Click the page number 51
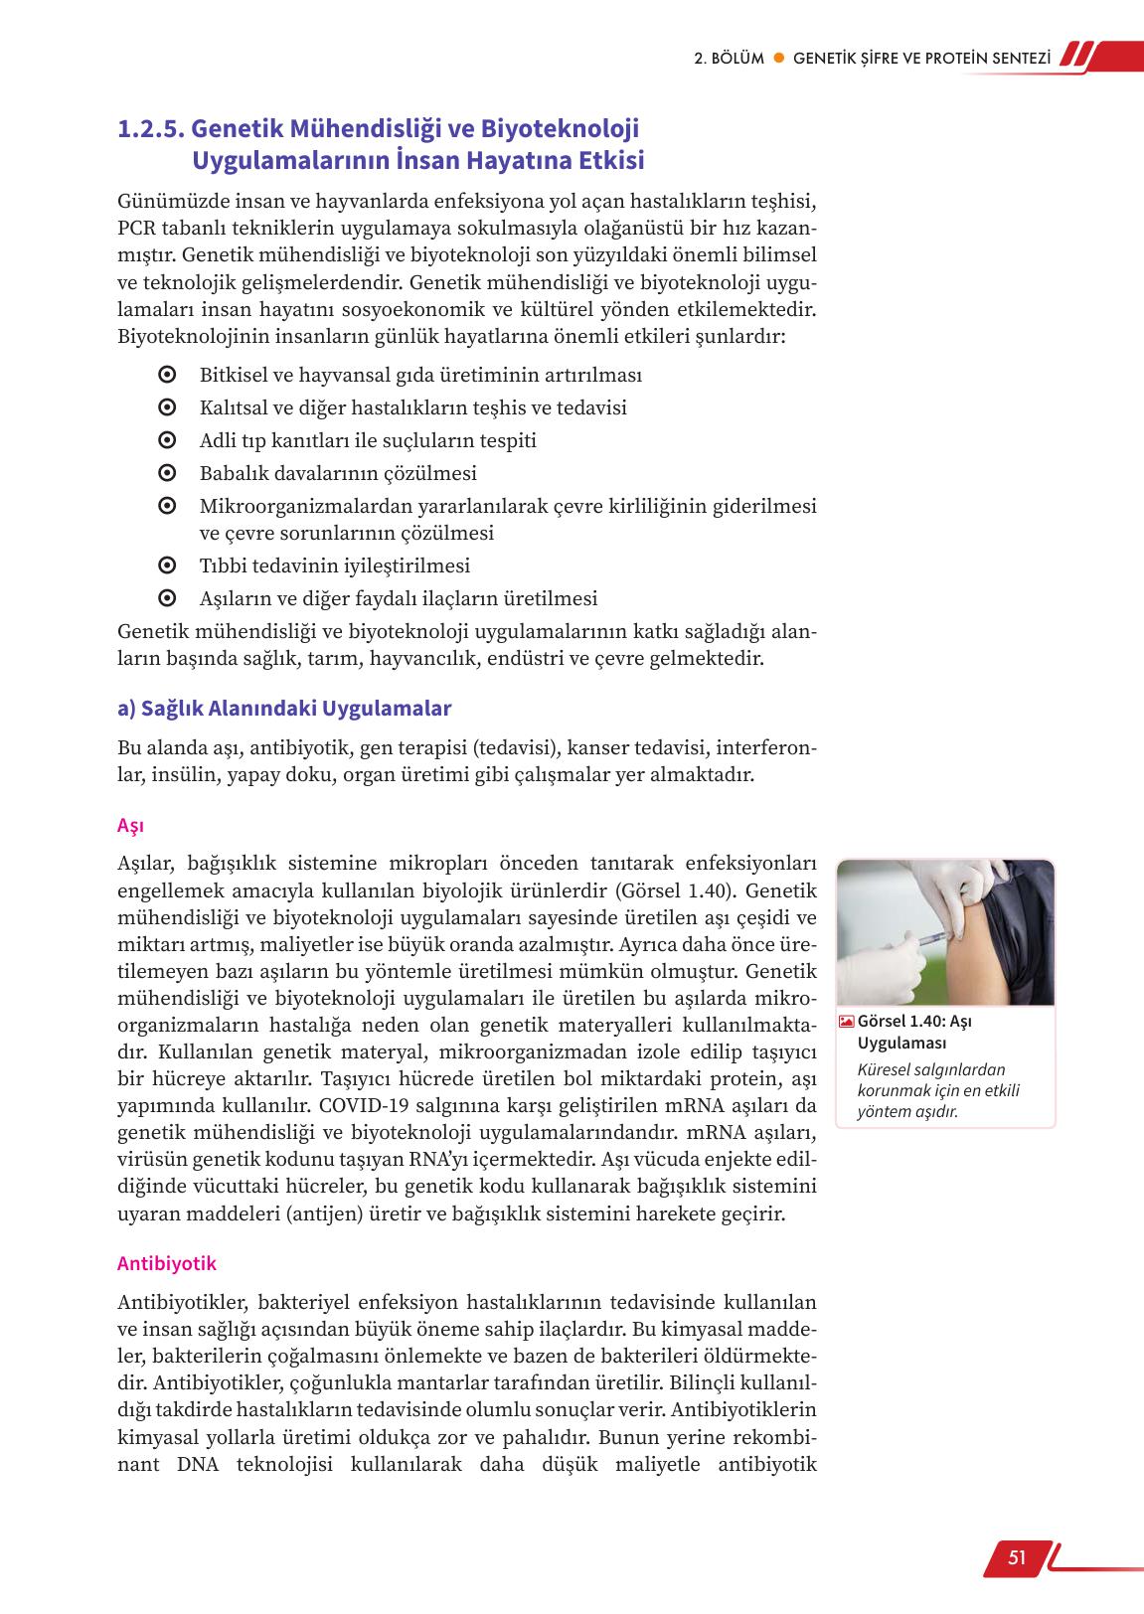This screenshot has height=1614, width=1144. coord(1016,1557)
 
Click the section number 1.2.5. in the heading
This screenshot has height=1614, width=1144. coord(151,129)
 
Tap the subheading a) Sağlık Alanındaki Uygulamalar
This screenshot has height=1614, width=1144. coord(284,709)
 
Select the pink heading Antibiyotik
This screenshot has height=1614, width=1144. coord(167,1263)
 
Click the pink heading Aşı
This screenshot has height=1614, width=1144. coord(130,826)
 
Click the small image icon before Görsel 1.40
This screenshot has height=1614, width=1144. coord(846,1021)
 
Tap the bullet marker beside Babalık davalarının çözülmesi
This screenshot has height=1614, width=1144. coord(167,473)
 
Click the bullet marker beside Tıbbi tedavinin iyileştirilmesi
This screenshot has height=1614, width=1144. coord(167,565)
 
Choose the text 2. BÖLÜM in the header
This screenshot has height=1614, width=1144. coord(729,58)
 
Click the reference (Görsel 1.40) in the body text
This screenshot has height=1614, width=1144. coord(673,889)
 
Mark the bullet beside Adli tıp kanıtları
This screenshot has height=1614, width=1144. coord(167,440)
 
